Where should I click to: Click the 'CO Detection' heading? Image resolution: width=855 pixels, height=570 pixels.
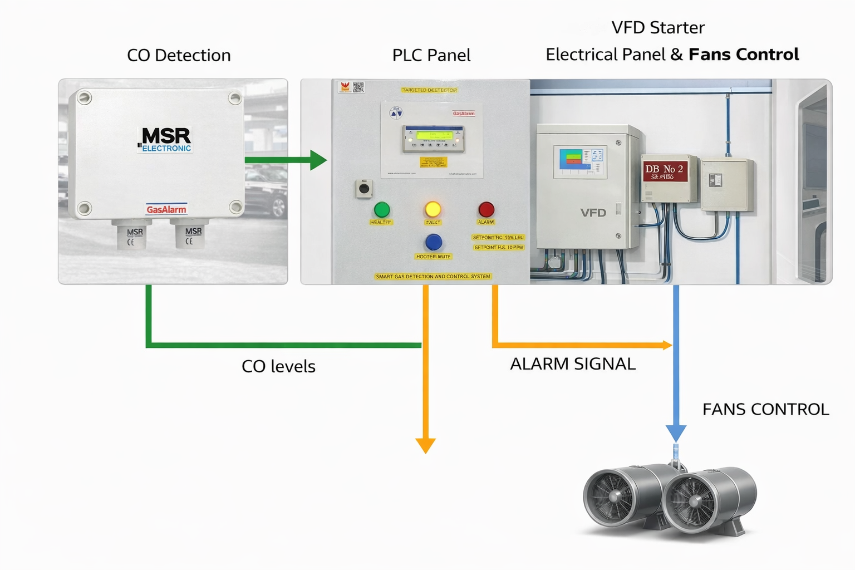(179, 55)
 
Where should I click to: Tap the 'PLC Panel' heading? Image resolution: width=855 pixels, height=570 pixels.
(431, 55)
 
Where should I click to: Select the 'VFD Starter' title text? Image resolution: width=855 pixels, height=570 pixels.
(658, 27)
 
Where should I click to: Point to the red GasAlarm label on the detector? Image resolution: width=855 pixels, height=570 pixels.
(166, 209)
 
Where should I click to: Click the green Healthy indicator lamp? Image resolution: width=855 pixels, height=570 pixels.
(382, 210)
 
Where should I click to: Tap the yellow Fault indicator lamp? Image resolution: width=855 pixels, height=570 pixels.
(433, 209)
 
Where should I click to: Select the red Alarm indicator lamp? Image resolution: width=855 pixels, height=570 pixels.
(486, 209)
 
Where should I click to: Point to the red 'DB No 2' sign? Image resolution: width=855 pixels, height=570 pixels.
(665, 171)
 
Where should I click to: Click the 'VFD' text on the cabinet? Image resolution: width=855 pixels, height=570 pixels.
(593, 213)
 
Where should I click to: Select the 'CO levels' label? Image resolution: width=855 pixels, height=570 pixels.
(278, 366)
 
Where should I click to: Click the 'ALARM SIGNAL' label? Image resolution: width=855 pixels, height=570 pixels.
(572, 363)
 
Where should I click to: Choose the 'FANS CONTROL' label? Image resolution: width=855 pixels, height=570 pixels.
(765, 409)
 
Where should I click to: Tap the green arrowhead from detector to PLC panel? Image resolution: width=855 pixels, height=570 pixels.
(318, 160)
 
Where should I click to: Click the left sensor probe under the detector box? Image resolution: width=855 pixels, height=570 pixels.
(132, 234)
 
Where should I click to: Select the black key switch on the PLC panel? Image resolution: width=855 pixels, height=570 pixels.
(364, 189)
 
